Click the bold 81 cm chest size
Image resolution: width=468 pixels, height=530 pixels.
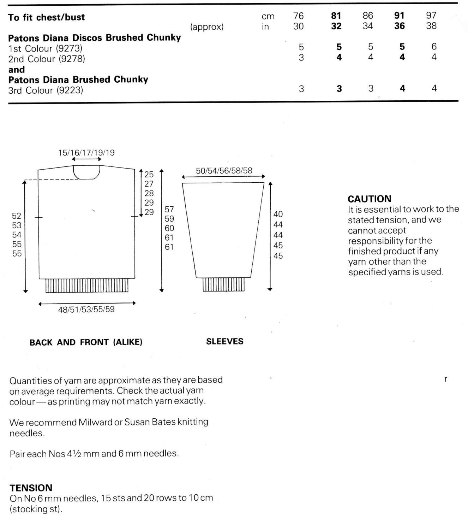(x=336, y=16)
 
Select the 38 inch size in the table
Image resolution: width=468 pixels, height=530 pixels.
(x=431, y=26)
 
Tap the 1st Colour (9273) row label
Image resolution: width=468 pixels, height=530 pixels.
(x=45, y=48)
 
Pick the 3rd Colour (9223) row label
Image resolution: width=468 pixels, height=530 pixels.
(x=46, y=90)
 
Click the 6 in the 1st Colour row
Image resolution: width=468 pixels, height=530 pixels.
(x=434, y=47)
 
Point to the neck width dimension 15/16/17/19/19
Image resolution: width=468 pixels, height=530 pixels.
(x=86, y=153)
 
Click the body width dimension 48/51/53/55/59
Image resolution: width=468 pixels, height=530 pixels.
(x=86, y=310)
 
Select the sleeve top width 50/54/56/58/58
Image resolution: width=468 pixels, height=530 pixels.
(x=224, y=171)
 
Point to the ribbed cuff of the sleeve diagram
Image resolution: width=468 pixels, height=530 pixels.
(x=224, y=284)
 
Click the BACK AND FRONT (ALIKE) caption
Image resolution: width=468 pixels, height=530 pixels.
(x=86, y=342)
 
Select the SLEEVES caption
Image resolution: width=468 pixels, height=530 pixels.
(x=225, y=341)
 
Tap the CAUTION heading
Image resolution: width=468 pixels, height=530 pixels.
(x=370, y=199)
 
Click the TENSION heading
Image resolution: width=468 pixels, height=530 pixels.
(x=31, y=488)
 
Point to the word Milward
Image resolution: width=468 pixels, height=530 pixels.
(x=95, y=422)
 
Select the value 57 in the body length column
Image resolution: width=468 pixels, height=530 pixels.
(x=169, y=210)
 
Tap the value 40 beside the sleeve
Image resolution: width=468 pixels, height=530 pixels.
(x=278, y=214)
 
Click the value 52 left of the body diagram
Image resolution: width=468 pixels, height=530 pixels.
(x=17, y=216)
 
